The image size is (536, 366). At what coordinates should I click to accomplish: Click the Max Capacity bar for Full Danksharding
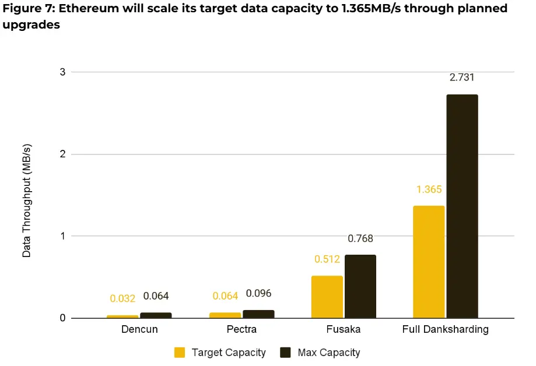(462, 206)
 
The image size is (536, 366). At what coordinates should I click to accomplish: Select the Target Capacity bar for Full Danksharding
(429, 262)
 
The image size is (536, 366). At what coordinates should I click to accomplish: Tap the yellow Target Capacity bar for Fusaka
(327, 297)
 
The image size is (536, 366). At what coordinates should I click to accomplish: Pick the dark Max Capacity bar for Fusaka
(360, 286)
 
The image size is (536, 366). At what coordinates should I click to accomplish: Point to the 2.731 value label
(462, 78)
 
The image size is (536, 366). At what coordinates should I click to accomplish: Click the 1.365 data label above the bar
(429, 189)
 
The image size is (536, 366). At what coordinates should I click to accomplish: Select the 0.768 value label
(360, 238)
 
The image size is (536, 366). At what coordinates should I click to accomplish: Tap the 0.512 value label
(327, 259)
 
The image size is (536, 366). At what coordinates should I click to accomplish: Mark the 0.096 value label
(258, 293)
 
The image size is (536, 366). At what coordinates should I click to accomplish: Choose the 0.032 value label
(122, 298)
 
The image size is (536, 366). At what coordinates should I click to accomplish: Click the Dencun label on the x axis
(139, 329)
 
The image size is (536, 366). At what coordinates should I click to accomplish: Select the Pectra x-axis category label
(241, 329)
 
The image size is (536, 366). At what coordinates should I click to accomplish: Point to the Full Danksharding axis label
(445, 329)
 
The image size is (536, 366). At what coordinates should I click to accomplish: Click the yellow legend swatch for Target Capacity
(180, 353)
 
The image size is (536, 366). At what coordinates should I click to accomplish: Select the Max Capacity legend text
(328, 353)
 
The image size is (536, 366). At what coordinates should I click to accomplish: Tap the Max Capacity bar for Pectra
(258, 314)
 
